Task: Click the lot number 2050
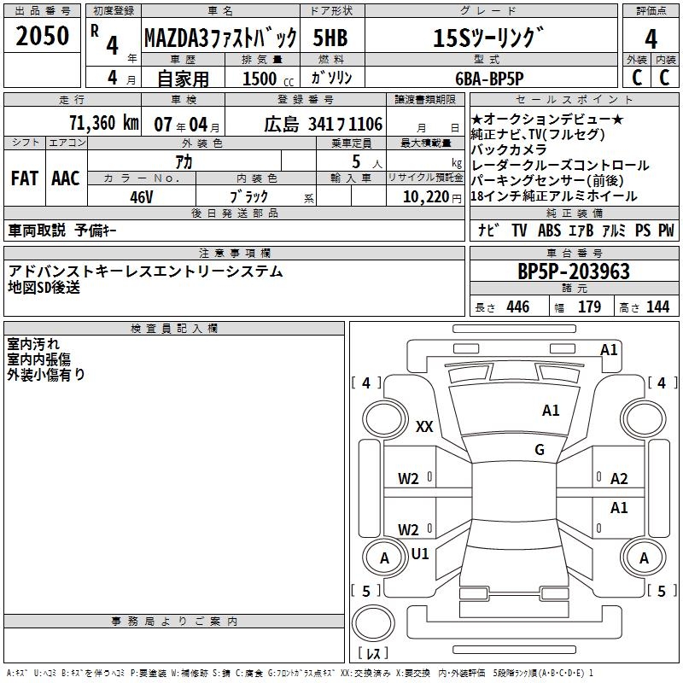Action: [43, 35]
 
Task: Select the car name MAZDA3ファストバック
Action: [220, 38]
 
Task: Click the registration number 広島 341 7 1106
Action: [323, 124]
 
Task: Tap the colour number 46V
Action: [142, 196]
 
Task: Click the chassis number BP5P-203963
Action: [574, 271]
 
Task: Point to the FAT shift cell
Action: [25, 178]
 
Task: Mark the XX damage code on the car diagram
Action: [424, 427]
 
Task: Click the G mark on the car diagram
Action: [540, 450]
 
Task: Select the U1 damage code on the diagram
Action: [420, 554]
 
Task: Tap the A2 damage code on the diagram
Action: [619, 479]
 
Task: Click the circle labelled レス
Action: [372, 628]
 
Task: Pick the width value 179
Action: [590, 307]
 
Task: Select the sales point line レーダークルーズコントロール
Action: [559, 165]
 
